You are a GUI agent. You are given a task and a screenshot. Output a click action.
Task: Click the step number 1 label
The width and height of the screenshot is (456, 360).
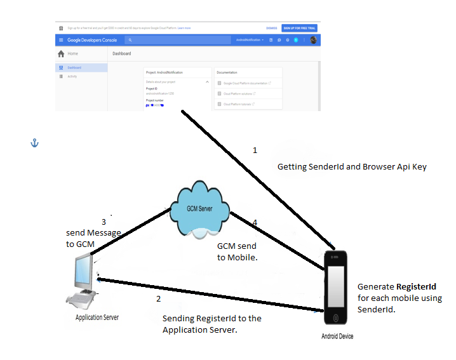255,150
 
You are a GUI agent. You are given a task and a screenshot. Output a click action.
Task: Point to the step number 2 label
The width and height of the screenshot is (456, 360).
159,298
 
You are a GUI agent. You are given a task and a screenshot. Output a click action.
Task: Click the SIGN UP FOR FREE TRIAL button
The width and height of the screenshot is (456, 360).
300,29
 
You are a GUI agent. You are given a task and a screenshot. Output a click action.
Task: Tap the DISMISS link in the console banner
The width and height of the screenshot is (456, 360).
271,29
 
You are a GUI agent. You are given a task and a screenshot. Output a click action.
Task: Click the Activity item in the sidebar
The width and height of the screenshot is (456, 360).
72,76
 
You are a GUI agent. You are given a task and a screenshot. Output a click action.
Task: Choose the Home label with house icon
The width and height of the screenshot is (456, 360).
69,54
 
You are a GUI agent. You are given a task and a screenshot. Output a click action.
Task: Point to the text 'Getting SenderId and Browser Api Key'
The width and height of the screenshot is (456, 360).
352,167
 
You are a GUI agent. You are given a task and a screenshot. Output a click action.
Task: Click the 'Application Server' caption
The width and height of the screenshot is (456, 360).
97,317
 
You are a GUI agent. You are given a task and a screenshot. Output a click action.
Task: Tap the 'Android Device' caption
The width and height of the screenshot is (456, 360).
337,337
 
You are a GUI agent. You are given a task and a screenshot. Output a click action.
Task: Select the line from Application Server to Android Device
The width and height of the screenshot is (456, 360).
210,295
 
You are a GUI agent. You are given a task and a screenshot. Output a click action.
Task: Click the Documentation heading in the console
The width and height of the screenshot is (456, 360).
227,73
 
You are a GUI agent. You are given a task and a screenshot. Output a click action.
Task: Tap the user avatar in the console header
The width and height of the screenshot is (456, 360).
314,40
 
